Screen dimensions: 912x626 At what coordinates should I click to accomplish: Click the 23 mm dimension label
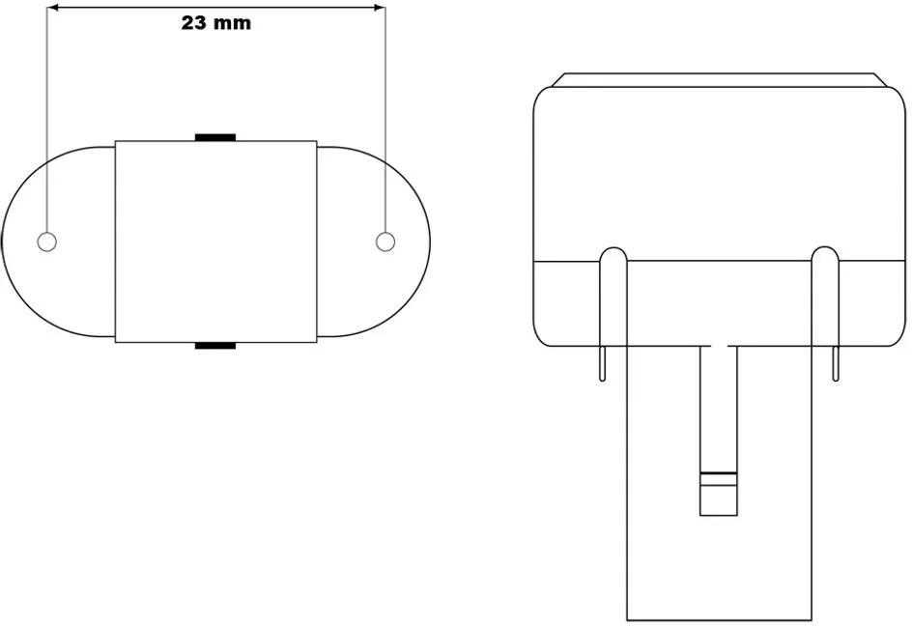click(215, 22)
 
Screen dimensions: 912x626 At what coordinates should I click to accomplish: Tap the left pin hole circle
click(47, 242)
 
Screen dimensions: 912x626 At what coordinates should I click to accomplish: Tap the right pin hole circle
click(385, 242)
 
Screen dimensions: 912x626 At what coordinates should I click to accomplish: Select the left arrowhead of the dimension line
click(53, 8)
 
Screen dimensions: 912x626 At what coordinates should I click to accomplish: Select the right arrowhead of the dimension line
click(380, 8)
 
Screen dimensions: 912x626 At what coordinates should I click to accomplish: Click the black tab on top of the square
click(215, 137)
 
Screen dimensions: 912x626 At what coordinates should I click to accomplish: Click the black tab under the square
click(215, 346)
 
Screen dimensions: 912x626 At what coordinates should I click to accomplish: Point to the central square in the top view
click(215, 242)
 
